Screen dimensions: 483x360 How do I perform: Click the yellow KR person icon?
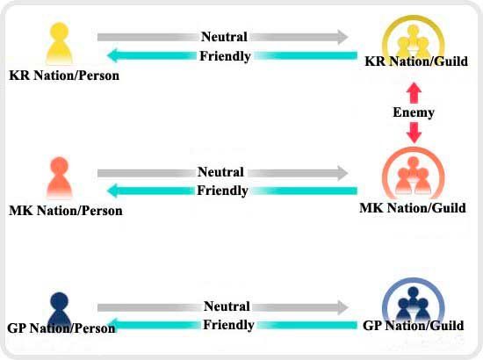click(59, 43)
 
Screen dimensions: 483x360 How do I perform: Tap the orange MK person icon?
click(59, 177)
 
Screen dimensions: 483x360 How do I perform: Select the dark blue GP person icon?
click(59, 308)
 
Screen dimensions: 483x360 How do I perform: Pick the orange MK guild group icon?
click(414, 174)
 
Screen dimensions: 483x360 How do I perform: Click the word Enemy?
click(414, 112)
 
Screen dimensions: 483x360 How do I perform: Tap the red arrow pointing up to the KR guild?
click(414, 93)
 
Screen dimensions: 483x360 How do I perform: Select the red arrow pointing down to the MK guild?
click(414, 133)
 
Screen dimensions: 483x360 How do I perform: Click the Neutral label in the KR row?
click(224, 37)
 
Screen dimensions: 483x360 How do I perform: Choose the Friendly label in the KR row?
click(225, 56)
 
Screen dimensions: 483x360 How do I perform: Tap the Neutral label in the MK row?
click(220, 172)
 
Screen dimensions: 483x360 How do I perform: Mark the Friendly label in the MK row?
click(222, 191)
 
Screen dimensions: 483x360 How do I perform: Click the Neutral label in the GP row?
click(227, 306)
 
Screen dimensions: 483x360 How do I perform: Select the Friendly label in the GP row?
click(228, 325)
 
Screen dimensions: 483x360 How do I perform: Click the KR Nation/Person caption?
click(64, 76)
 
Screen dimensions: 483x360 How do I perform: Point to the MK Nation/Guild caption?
click(413, 208)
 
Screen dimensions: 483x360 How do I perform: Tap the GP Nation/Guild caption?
click(413, 326)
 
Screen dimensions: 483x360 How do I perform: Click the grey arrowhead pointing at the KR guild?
click(342, 37)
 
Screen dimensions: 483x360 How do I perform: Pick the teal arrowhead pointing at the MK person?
click(112, 191)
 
